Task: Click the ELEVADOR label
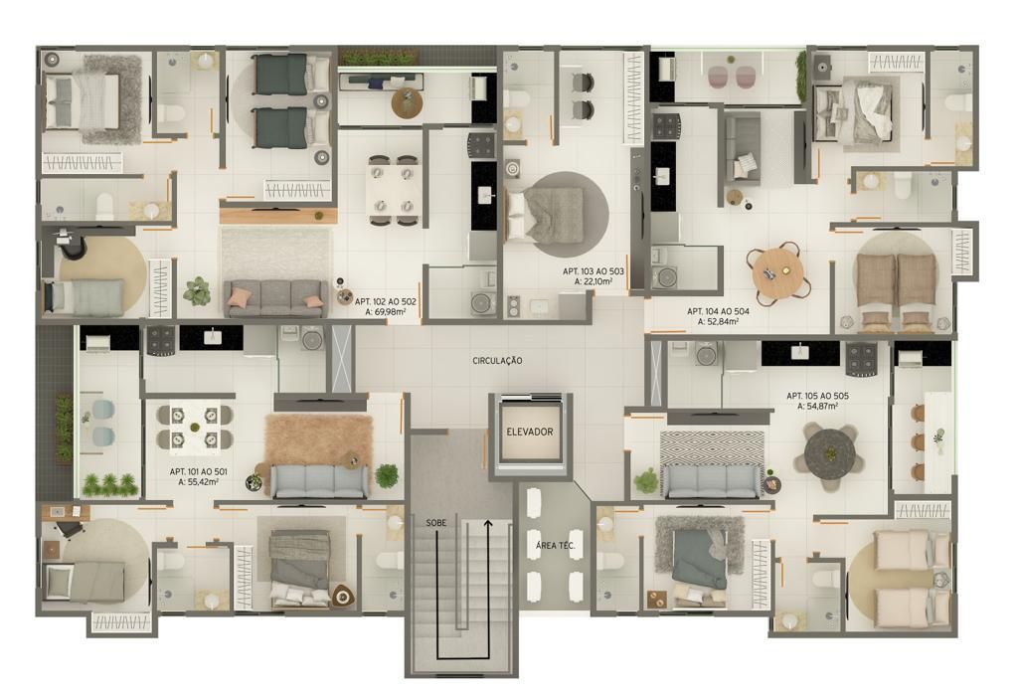point(530,432)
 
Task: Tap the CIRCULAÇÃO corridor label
point(497,361)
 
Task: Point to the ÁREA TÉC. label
point(555,546)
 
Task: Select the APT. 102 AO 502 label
point(386,302)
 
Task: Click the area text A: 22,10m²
point(594,281)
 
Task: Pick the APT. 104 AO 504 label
point(718,312)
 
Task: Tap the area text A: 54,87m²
point(817,407)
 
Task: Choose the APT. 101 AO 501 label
point(199,472)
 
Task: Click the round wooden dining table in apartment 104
point(777,269)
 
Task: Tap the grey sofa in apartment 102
point(276,298)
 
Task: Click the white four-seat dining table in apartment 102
point(393,190)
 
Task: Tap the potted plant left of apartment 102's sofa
point(197,291)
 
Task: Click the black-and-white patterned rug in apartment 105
point(712,447)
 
